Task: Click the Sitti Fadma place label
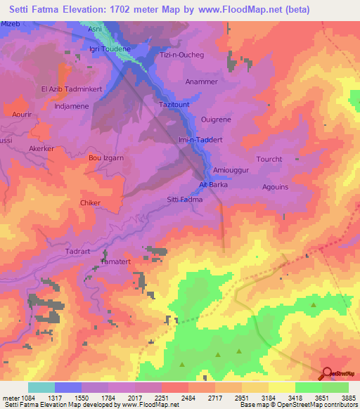pyautogui.click(x=185, y=200)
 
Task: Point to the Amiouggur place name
pyautogui.click(x=231, y=171)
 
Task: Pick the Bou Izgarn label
pyautogui.click(x=105, y=158)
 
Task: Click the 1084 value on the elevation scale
pyautogui.click(x=25, y=398)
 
